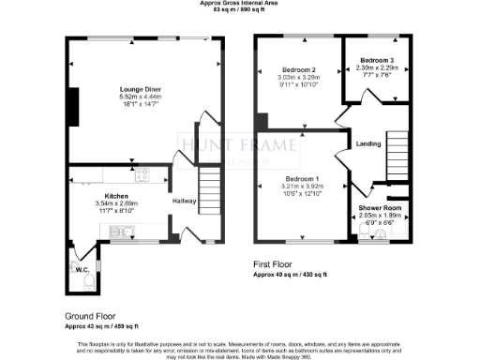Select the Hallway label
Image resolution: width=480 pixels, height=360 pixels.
point(182,201)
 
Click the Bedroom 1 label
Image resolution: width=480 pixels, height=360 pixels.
point(302,179)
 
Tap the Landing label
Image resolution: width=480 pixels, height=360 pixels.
point(367,143)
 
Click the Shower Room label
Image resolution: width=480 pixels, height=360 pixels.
point(381,208)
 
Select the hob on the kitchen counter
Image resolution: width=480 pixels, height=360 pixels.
point(142,173)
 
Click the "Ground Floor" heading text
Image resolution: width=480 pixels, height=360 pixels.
point(88,317)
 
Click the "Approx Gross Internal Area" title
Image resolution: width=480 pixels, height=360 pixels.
point(240,4)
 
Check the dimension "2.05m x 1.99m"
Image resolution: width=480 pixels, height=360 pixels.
point(381,216)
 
